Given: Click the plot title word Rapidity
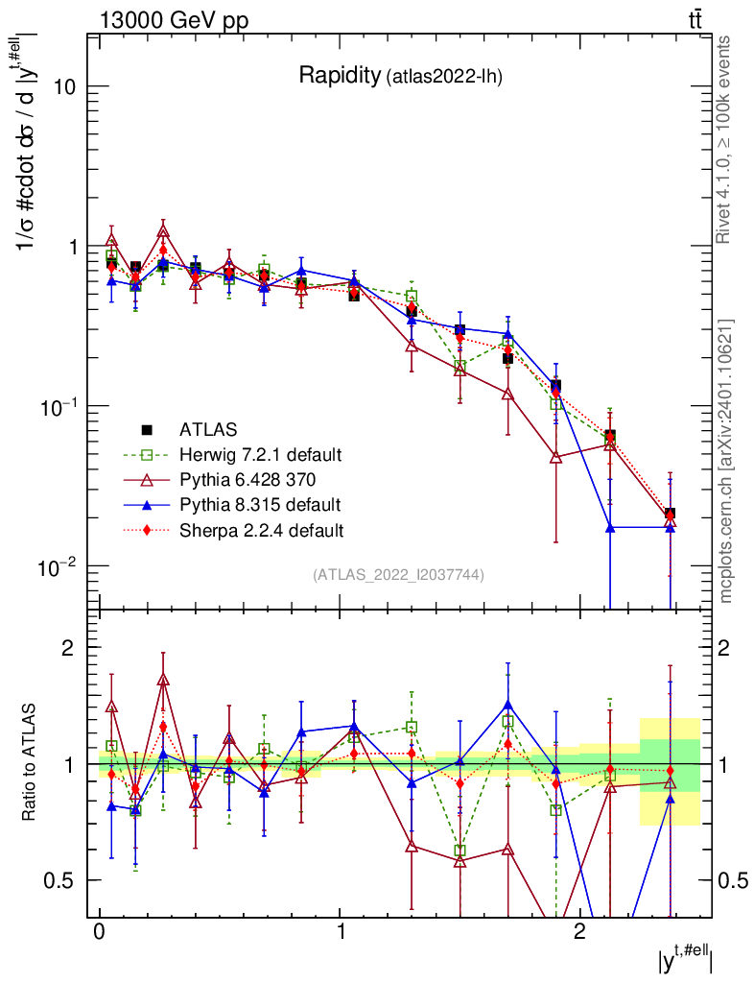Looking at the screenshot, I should tap(339, 75).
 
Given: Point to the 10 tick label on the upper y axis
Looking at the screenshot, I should tap(65, 86).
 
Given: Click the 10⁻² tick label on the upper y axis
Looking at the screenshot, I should tap(59, 566).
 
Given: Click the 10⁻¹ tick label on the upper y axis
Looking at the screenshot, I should tap(59, 406).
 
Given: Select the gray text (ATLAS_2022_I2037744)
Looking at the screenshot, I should tap(398, 575).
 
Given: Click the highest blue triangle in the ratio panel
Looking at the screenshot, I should tap(507, 705).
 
